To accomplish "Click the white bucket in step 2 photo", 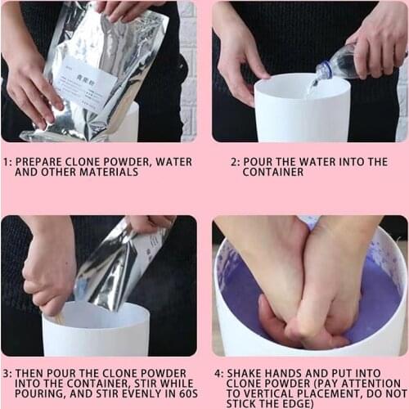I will coord(302,110).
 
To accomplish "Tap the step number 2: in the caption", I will coord(234,162).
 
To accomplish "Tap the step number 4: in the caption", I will coord(218,372).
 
